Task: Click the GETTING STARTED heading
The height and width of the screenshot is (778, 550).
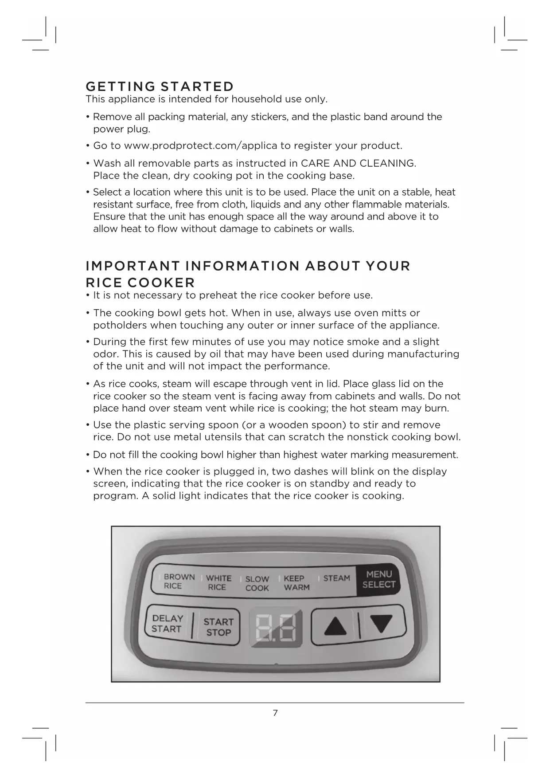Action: click(160, 86)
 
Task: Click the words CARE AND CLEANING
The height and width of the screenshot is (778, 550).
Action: click(358, 163)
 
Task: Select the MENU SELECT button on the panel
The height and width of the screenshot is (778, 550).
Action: click(378, 580)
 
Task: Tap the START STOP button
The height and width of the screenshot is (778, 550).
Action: click(218, 627)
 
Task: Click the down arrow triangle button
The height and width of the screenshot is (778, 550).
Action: click(382, 624)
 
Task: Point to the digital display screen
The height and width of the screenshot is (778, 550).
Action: click(275, 626)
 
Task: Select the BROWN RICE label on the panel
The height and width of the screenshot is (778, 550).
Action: click(179, 581)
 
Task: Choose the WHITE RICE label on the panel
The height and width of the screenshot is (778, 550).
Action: click(218, 582)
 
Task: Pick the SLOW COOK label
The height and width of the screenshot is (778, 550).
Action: click(257, 583)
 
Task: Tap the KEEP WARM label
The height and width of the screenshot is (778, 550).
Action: click(296, 583)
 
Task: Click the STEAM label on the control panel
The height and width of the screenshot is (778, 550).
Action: click(336, 578)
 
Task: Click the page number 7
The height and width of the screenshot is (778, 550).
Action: click(275, 713)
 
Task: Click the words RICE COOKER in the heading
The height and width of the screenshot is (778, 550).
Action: click(140, 283)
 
